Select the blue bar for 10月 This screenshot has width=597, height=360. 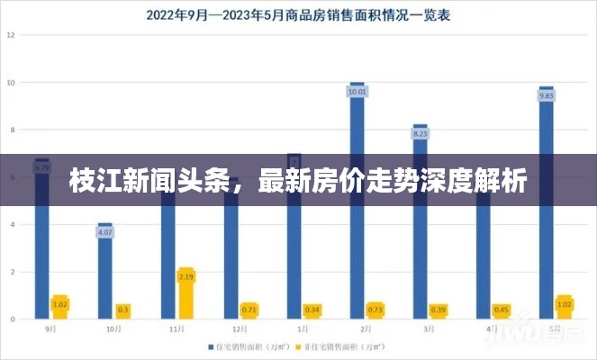(x=105, y=270)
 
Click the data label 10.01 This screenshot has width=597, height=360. (x=357, y=91)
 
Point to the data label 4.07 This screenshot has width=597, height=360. (x=105, y=232)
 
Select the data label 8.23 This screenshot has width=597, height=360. (x=421, y=133)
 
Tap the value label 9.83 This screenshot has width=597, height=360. (x=546, y=95)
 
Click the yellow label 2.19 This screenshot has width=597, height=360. (x=185, y=276)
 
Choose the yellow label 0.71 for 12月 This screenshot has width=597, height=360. (x=249, y=310)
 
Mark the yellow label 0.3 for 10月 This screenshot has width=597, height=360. (x=122, y=310)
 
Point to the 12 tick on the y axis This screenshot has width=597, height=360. (x=12, y=34)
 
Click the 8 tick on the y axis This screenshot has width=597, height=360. (x=12, y=130)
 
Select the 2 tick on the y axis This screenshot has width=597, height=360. (x=12, y=272)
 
